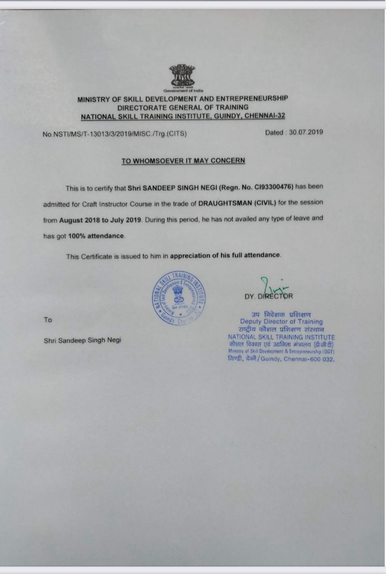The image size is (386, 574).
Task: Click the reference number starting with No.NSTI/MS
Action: click(115, 134)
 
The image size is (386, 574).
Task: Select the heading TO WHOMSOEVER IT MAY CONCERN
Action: click(183, 161)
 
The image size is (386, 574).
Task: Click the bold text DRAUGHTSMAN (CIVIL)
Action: click(237, 203)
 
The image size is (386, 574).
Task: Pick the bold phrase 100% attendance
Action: click(96, 236)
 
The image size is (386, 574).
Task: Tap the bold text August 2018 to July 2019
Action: click(100, 220)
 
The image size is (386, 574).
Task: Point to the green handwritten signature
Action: click(273, 286)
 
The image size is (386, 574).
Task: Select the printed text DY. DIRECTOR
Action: click(269, 296)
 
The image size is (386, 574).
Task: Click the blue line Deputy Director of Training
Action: click(281, 322)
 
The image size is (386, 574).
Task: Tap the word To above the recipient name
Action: click(48, 320)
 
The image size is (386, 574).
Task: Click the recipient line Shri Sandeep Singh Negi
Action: click(82, 341)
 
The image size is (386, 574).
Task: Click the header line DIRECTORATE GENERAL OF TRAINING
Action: click(182, 108)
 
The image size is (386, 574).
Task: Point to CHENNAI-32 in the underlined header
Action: click(265, 116)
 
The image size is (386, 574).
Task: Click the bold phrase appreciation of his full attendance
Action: click(225, 255)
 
